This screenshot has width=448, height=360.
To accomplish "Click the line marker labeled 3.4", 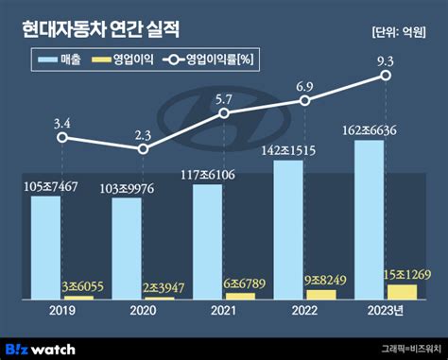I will click(x=61, y=137).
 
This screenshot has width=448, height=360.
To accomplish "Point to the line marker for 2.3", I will click(x=143, y=149).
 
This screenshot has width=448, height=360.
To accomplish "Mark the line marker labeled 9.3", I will click(x=386, y=77).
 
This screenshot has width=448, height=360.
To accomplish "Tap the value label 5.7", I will click(x=223, y=98).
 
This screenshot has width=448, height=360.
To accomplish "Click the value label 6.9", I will click(x=304, y=86).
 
